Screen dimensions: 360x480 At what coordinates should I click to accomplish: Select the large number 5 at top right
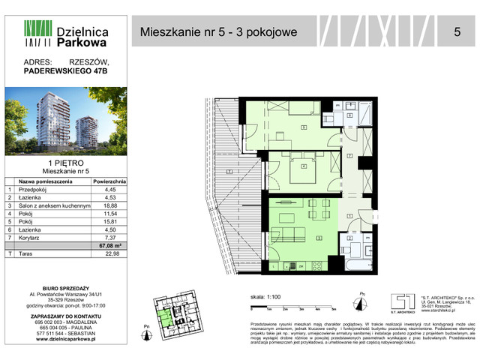coord(457,31)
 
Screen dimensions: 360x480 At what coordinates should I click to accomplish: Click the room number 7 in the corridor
coord(349,155)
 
